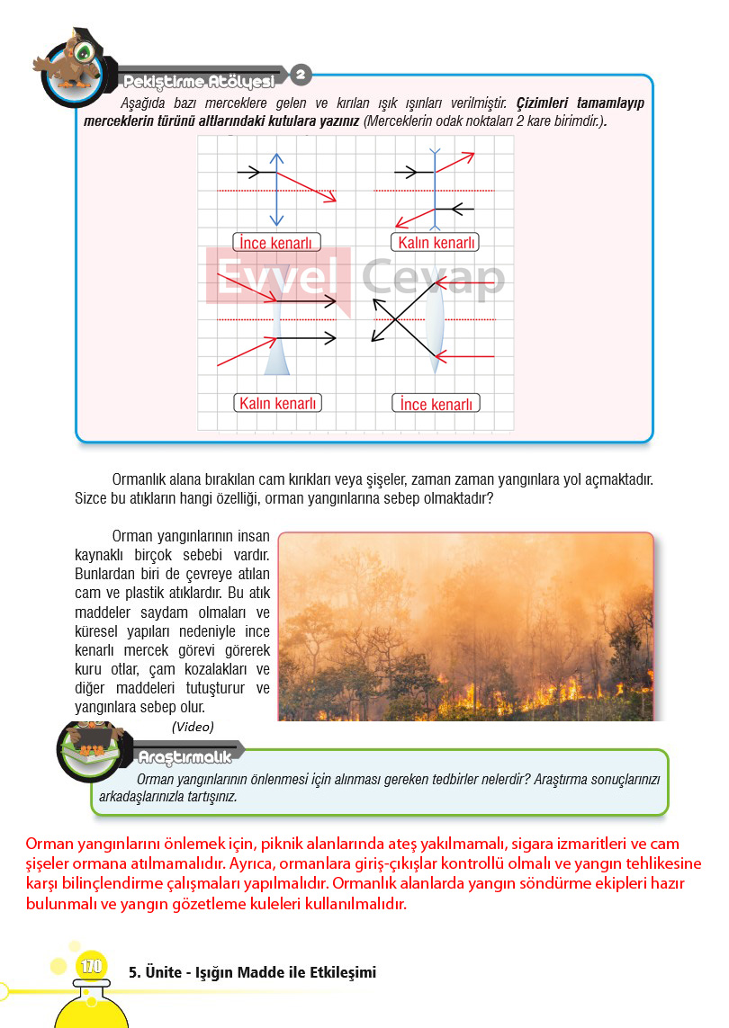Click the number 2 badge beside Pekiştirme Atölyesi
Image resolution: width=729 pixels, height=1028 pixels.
301,75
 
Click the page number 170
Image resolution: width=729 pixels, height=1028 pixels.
91,968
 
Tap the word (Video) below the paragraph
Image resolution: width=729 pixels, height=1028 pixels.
193,727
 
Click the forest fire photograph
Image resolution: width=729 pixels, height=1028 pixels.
465,626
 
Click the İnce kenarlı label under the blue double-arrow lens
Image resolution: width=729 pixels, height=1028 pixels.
276,243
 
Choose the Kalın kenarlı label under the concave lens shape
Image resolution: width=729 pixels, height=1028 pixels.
279,403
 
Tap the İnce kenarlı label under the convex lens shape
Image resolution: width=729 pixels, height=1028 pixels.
436,404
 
